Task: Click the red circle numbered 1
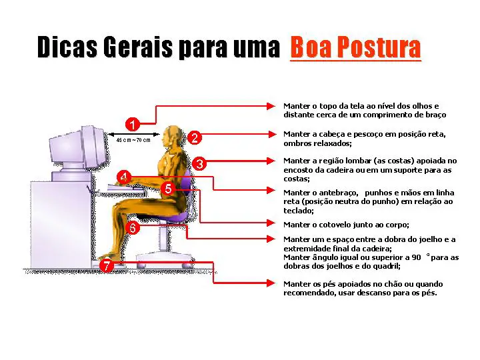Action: [133, 124]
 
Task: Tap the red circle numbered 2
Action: [195, 137]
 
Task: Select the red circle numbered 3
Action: [199, 164]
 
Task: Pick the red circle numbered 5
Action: [168, 189]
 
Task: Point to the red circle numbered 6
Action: [133, 228]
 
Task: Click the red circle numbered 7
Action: [107, 265]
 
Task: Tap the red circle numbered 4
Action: [124, 177]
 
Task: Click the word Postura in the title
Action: [379, 47]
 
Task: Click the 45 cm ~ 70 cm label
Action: [133, 140]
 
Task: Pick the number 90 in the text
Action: [416, 257]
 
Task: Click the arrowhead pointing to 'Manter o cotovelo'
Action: [271, 223]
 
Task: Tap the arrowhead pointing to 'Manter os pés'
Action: [271, 283]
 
